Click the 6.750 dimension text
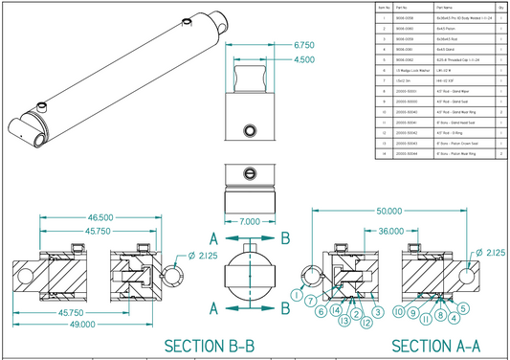tap(304, 45)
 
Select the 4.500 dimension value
tap(303, 60)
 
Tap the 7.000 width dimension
tap(249, 221)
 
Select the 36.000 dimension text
tap(389, 232)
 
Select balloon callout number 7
tap(311, 302)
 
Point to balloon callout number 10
tap(396, 312)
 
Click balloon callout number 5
tap(462, 308)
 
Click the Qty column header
tap(501, 7)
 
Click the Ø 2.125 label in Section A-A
tap(492, 253)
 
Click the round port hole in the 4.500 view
tap(250, 129)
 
